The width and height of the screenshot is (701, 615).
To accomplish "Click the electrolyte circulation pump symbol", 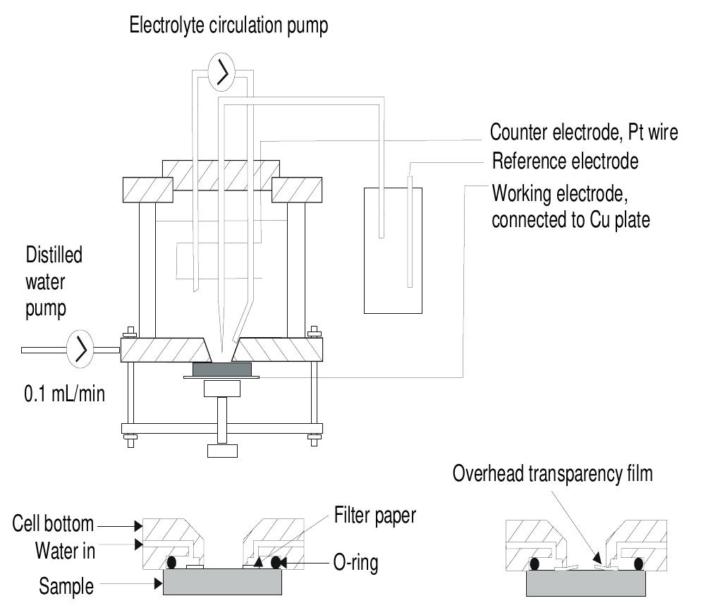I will pos(223,73).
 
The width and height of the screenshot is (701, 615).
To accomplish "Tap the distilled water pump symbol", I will pos(80,348).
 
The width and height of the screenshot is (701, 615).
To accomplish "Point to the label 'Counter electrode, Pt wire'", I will pos(584,133).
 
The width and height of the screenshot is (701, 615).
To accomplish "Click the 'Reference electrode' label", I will pos(564,162).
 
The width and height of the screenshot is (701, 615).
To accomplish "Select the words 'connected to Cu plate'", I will pos(571,219).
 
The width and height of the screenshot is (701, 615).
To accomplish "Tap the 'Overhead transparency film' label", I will pos(553,474).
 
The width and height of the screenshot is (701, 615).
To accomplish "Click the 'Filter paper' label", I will pos(374,516).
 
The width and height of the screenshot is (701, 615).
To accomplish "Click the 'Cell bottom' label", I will pos(53,524).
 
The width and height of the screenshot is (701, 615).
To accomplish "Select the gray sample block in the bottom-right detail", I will pos(586,582).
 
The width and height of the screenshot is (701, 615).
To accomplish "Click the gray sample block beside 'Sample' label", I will pos(222,582).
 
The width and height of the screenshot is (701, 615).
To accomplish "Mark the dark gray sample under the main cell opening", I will pos(221,369).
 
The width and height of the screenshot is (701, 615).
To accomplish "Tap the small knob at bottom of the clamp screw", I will pos(221,450).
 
